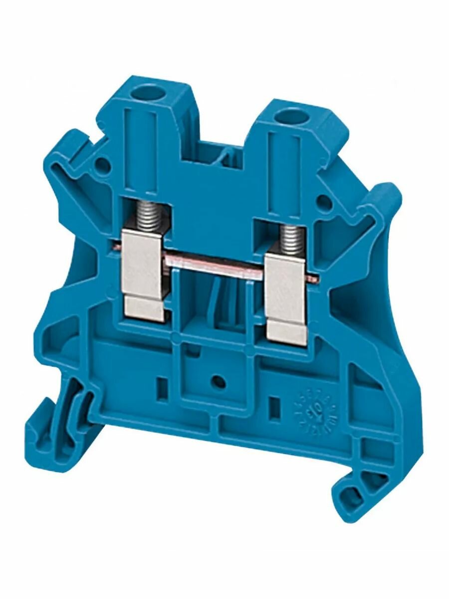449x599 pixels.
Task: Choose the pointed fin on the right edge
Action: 384,200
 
